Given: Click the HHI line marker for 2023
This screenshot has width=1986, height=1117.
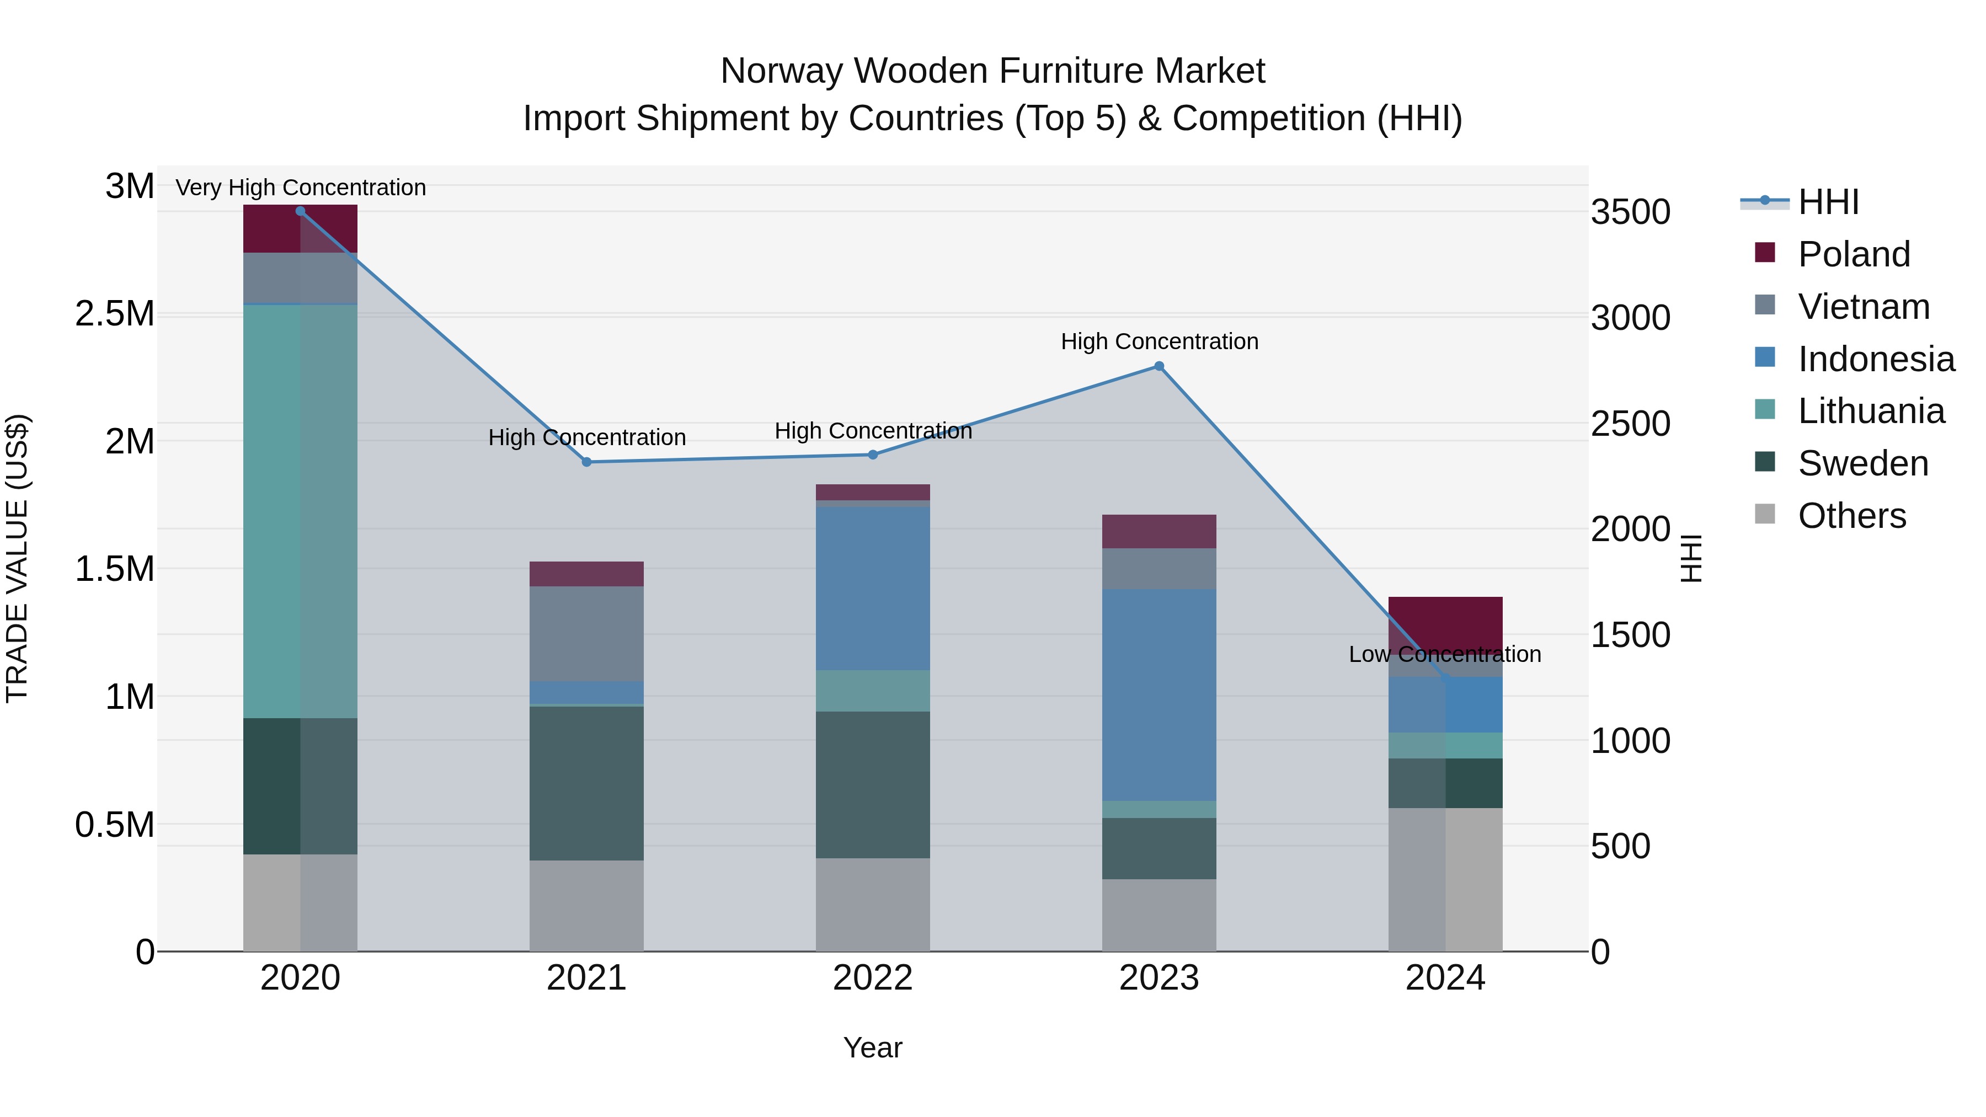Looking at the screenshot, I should (x=1158, y=366).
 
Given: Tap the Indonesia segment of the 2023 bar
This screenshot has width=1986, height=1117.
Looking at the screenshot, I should (x=1158, y=694).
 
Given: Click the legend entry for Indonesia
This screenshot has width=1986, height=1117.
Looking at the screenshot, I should (x=1876, y=359).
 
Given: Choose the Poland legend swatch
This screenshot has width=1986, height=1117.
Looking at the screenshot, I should (x=1765, y=253).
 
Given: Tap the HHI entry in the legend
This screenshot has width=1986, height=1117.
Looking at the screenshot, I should (x=1828, y=202).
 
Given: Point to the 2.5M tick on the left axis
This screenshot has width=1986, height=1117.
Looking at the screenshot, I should (x=115, y=314).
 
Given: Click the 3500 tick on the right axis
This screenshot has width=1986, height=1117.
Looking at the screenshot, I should (x=1630, y=212).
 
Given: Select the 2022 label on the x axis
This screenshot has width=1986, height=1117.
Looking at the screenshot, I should (x=873, y=978).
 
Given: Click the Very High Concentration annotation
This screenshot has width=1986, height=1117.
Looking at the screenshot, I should (x=301, y=188).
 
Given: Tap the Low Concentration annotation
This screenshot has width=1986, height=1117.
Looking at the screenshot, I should (x=1445, y=654).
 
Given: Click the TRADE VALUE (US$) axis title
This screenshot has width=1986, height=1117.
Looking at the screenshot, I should (x=17, y=558).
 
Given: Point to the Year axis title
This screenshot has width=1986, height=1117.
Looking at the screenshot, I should (x=873, y=1047).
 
